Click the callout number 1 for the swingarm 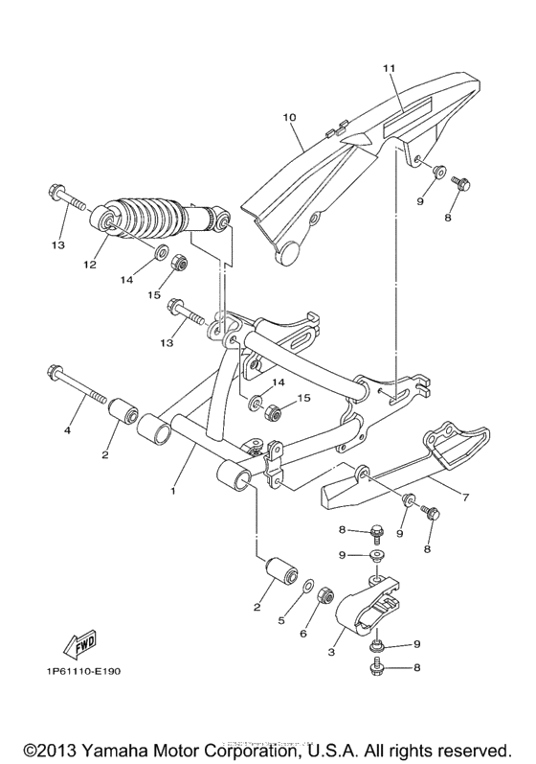(x=173, y=491)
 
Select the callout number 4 (x=68, y=431)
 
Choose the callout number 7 (x=465, y=498)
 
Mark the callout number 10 (x=289, y=118)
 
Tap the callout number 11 (x=389, y=69)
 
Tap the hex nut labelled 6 (x=323, y=595)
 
